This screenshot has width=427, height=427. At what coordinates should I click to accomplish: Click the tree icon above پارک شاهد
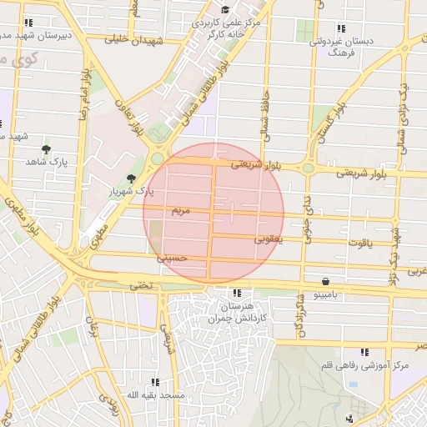[47, 148]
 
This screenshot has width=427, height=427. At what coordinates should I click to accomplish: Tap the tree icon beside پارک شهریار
[130, 178]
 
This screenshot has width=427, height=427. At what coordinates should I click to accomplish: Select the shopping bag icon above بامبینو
[324, 282]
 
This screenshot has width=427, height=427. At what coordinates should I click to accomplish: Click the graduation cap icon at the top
[225, 8]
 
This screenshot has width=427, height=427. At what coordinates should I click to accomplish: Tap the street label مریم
[182, 209]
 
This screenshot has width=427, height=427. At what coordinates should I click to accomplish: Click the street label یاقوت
[358, 243]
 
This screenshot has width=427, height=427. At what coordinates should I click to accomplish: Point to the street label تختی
[140, 284]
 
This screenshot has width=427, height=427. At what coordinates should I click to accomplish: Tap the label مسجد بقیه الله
[154, 394]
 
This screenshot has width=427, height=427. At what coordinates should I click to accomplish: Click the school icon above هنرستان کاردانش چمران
[239, 294]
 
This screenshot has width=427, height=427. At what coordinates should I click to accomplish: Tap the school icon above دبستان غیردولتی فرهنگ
[339, 28]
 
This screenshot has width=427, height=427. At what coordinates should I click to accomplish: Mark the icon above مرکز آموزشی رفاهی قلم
[364, 353]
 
